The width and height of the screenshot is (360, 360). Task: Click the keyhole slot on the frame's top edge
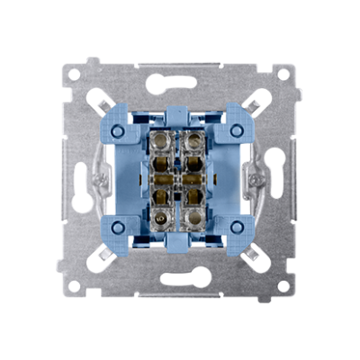[180, 79]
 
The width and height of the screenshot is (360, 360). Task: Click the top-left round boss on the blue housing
[126, 127]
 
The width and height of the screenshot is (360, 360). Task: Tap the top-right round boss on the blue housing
[234, 127]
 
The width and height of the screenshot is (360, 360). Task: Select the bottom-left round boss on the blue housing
[126, 228]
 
